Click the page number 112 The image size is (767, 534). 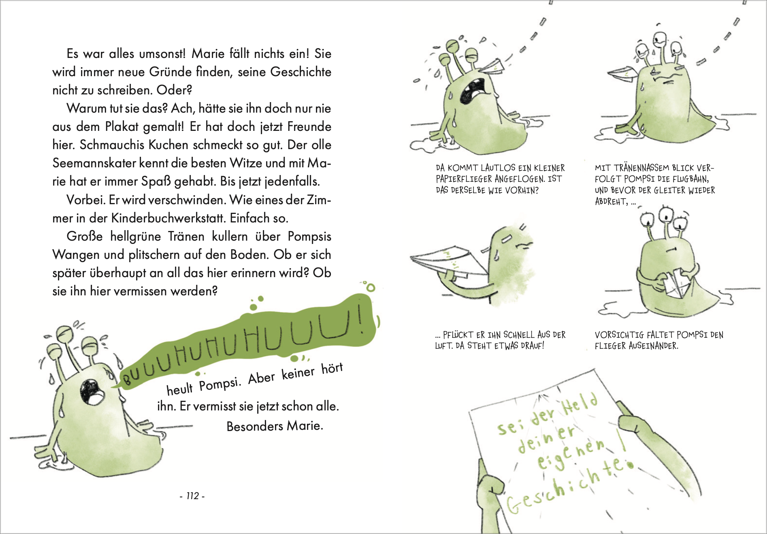[x=192, y=496]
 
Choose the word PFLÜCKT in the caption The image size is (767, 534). [x=458, y=335]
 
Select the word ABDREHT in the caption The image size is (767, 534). [x=611, y=201]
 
